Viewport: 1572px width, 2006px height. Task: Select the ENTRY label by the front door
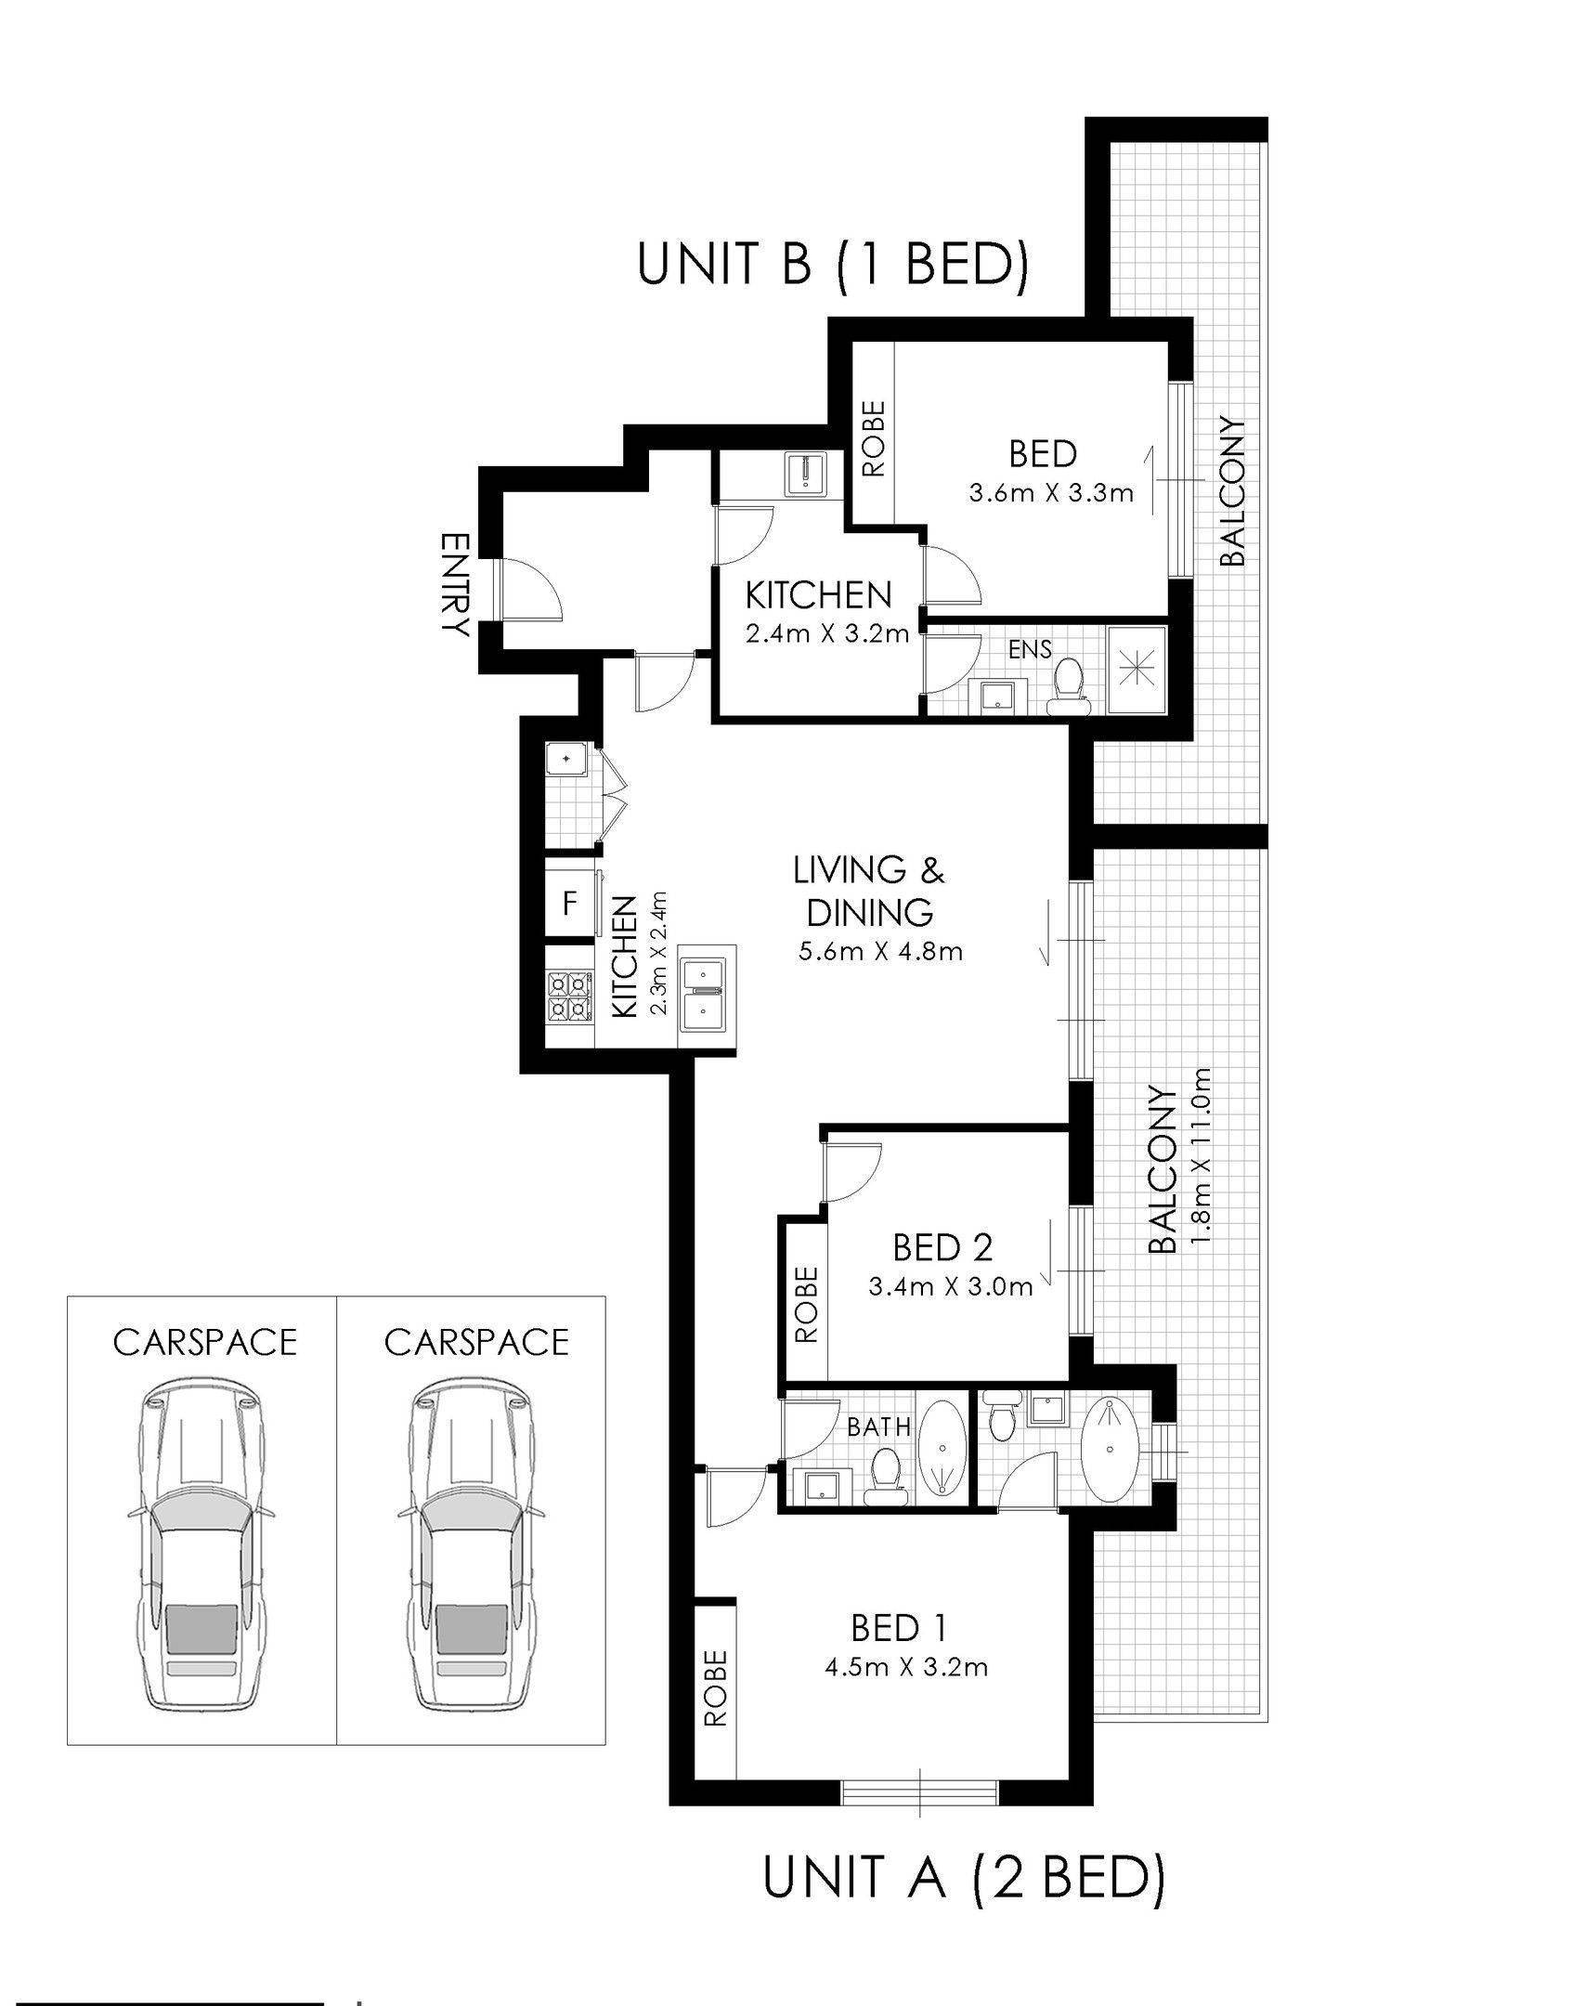click(x=454, y=584)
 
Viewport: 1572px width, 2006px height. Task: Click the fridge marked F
click(x=570, y=902)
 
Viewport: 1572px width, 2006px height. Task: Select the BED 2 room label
click(x=942, y=1246)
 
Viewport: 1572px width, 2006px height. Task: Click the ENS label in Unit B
click(x=1030, y=649)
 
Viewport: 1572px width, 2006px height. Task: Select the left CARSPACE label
click(x=204, y=1343)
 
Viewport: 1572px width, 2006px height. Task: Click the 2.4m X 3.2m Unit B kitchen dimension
click(x=825, y=636)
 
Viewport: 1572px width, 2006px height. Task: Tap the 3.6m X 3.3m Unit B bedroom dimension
click(x=1050, y=492)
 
